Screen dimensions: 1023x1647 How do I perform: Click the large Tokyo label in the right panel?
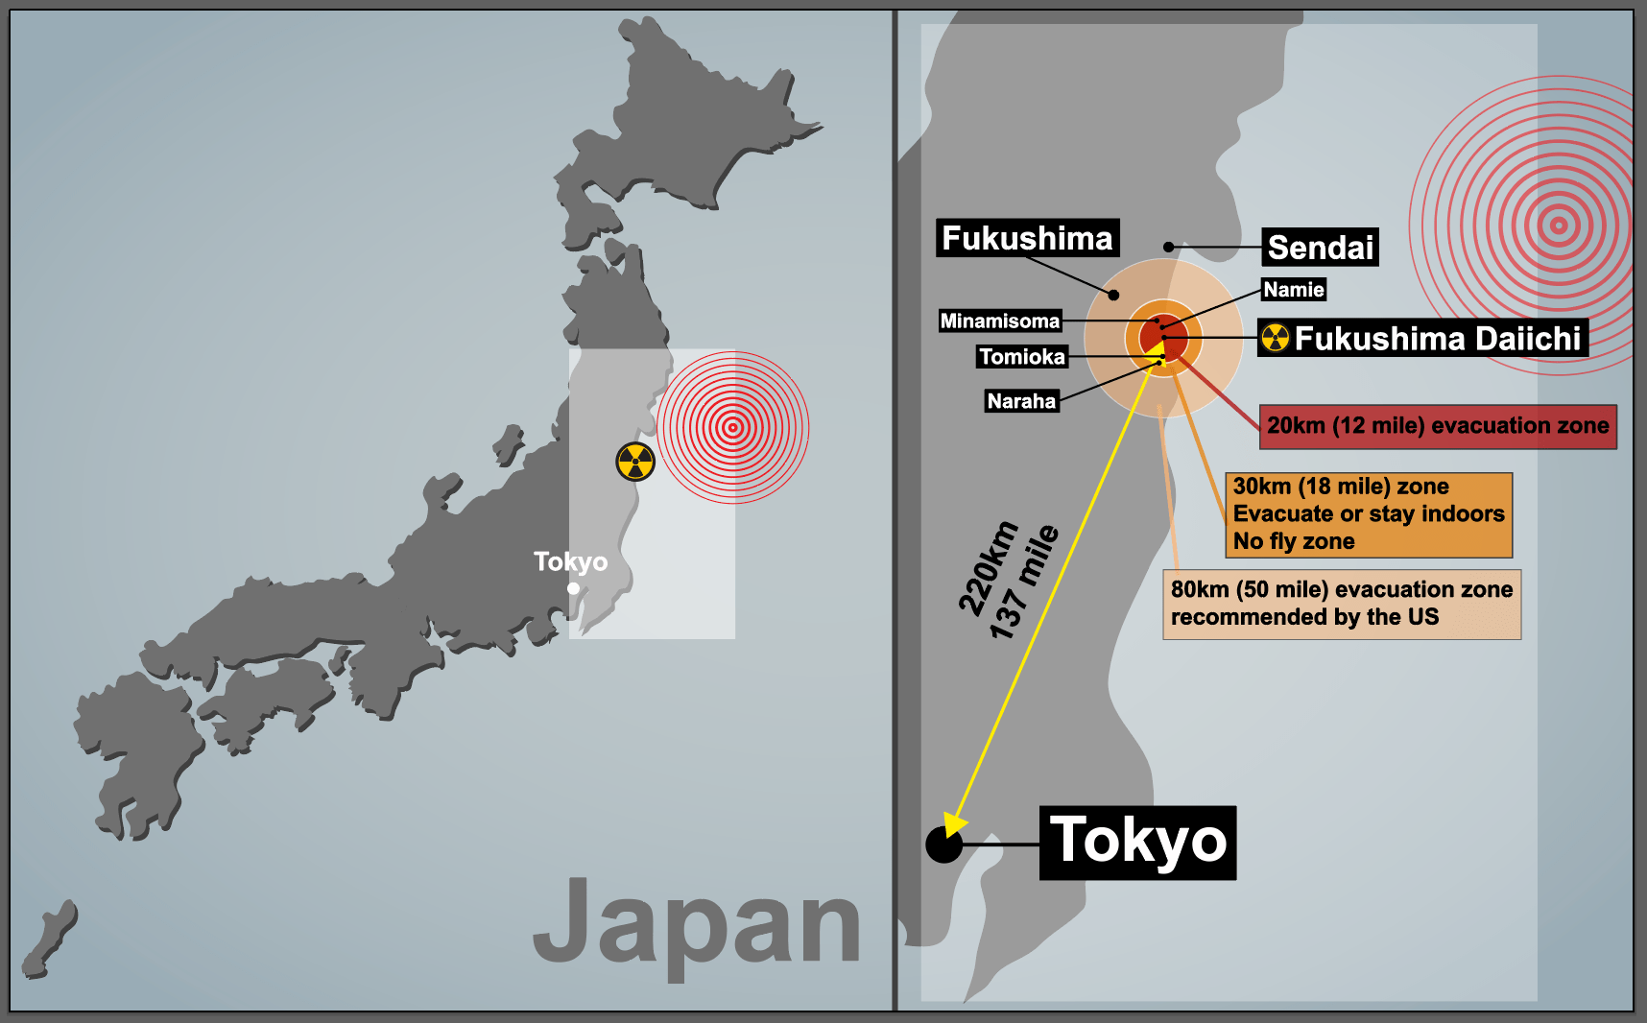[x=1137, y=843]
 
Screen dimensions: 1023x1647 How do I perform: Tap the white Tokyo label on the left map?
[x=570, y=561]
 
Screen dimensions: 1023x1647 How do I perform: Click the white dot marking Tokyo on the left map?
[x=573, y=588]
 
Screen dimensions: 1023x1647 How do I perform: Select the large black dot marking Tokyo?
[x=943, y=845]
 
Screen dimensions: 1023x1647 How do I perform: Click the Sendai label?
[x=1320, y=248]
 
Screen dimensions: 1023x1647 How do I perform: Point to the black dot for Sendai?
[x=1168, y=248]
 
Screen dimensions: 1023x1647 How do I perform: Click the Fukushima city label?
[x=1027, y=238]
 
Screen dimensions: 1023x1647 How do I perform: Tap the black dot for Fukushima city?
[x=1113, y=295]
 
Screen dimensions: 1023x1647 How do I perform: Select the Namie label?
[x=1293, y=290]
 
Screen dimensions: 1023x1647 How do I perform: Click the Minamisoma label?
[x=999, y=321]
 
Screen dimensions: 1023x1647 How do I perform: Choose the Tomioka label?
[x=1021, y=357]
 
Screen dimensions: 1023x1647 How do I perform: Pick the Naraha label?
[x=1021, y=401]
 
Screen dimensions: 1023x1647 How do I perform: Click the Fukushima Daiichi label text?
[x=1437, y=339]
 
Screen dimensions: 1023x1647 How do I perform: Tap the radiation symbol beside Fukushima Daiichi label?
[x=1276, y=338]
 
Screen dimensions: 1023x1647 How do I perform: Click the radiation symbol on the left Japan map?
[x=635, y=462]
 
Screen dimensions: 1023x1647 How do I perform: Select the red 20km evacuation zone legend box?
[x=1437, y=426]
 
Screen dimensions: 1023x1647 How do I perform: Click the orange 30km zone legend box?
[x=1368, y=514]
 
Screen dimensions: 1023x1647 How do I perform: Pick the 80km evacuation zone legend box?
[x=1341, y=604]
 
